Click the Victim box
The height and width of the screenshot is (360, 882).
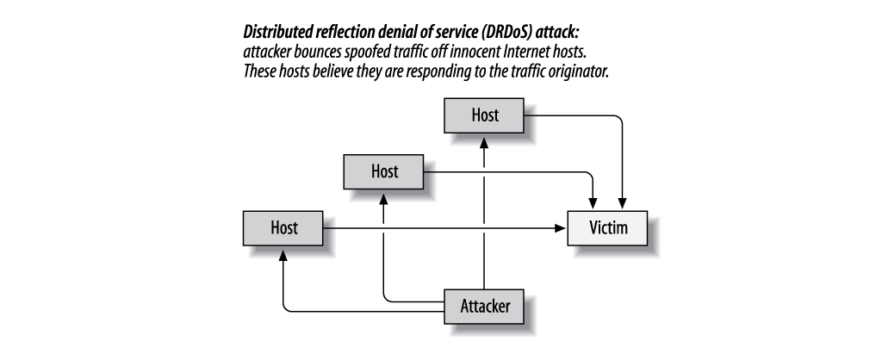coord(606,228)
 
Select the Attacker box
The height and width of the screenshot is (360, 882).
coord(484,305)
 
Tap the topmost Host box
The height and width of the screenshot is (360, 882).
coord(484,115)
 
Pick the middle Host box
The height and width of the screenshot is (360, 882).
coord(384,171)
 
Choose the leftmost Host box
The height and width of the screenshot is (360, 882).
coord(283,228)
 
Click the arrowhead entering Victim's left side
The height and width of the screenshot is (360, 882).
coord(561,228)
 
